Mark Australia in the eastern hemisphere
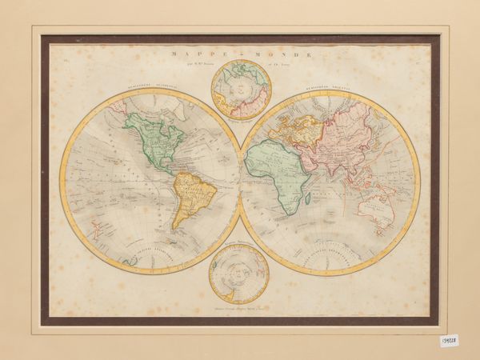click(374, 207)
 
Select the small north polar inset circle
click(240, 89)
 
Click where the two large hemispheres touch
click(240, 182)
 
